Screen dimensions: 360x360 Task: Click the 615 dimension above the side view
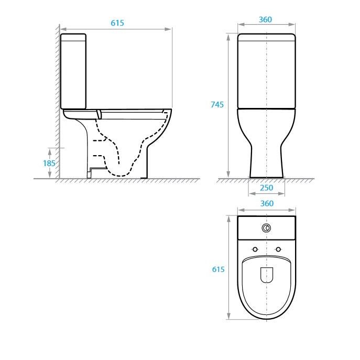[117, 23]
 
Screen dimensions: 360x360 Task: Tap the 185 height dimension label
[49, 163]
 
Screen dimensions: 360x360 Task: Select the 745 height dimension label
[217, 105]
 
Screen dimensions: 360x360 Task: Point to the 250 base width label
[267, 188]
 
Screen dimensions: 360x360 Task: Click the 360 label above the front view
[265, 19]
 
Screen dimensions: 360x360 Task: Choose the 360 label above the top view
[267, 203]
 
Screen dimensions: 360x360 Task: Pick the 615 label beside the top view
[218, 269]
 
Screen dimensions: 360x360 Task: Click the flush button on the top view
[266, 228]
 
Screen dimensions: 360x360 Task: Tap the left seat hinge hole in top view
[255, 249]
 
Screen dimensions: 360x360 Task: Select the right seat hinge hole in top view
[278, 249]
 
